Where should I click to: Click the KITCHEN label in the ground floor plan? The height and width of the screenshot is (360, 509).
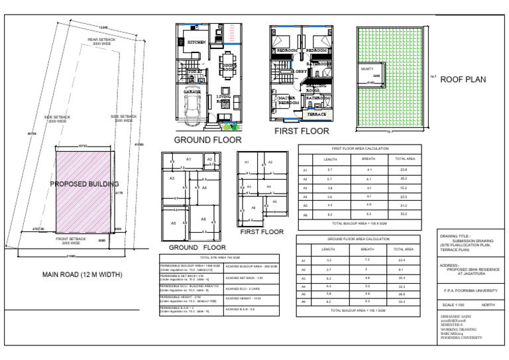pyautogui.click(x=196, y=42)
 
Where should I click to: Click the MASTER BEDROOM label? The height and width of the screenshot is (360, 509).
pyautogui.click(x=288, y=101)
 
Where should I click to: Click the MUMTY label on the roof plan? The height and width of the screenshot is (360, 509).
pyautogui.click(x=367, y=69)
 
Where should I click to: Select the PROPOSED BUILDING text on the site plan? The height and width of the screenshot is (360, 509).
pyautogui.click(x=84, y=183)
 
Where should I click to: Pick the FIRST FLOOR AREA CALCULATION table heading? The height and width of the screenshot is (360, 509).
pyautogui.click(x=360, y=150)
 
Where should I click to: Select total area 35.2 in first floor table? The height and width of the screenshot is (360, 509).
pyautogui.click(x=405, y=178)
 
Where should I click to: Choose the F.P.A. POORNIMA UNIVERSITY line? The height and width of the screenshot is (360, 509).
pyautogui.click(x=471, y=289)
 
